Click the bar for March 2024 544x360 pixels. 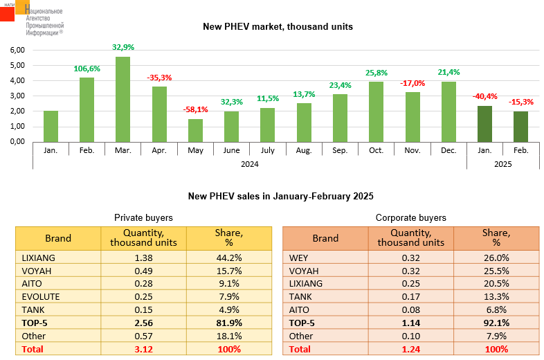pos(123,99)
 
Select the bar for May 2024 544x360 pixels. pos(195,130)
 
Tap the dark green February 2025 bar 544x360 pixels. pos(520,126)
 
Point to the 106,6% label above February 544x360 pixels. pos(87,69)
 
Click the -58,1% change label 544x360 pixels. pos(195,110)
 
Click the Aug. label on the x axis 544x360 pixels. pos(304,150)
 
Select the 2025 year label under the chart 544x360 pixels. pos(502,164)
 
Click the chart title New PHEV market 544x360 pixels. pos(278,27)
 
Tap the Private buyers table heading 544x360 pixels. pos(143,217)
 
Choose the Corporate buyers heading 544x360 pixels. pos(410,217)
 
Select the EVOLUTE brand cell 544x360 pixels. pos(42,297)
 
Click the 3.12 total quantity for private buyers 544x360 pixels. pos(143,350)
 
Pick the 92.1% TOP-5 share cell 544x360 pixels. pos(496,323)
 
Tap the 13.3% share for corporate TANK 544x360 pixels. pos(496,297)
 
